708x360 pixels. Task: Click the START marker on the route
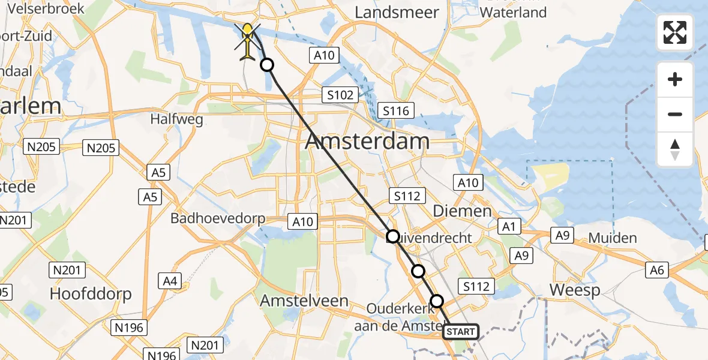[x=461, y=331]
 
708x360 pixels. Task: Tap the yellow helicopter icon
[x=248, y=42]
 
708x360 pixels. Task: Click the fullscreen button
[x=675, y=32]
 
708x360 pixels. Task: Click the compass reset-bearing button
[x=675, y=149]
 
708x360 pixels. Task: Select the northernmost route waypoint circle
[x=267, y=65]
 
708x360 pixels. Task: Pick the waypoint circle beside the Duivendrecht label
[x=392, y=236]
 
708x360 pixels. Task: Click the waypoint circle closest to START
[x=437, y=301]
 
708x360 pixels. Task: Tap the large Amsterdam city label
[x=367, y=142]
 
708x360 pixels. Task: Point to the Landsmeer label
[x=397, y=12]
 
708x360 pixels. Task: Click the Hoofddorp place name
[x=91, y=294]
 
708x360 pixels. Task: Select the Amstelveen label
[x=304, y=301]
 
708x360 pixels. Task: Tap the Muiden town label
[x=612, y=238]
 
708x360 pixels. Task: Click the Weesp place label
[x=575, y=291]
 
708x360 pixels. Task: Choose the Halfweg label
[x=177, y=119]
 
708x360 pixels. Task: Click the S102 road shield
[x=340, y=95]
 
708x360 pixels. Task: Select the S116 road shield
[x=395, y=111]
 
